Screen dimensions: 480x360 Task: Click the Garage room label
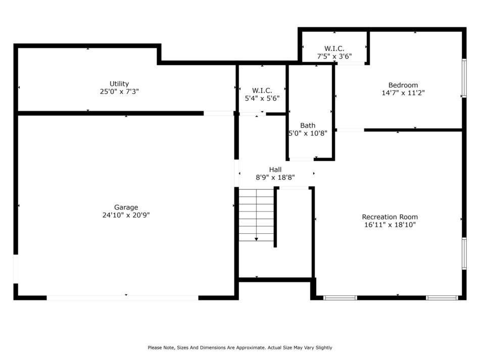click(126, 208)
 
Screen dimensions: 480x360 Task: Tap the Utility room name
click(119, 84)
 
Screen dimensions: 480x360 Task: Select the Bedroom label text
click(403, 85)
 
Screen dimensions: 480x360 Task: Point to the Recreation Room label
click(390, 217)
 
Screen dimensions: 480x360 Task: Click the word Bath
click(308, 125)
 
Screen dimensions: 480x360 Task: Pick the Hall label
click(275, 170)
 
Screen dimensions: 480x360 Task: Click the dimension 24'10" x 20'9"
click(126, 215)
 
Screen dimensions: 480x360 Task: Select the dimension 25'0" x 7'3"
click(119, 91)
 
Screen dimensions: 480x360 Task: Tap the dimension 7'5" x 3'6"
click(334, 56)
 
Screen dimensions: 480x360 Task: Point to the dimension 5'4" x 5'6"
click(262, 98)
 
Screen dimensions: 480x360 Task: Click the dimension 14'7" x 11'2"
click(403, 93)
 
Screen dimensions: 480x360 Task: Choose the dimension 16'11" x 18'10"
click(390, 225)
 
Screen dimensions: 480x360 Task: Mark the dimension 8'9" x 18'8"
click(275, 178)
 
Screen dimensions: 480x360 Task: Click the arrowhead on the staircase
click(257, 239)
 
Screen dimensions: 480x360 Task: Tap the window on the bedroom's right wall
click(464, 78)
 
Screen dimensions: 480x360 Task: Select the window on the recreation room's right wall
click(464, 253)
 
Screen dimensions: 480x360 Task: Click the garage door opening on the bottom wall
click(122, 297)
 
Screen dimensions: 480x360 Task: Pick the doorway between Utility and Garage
click(219, 113)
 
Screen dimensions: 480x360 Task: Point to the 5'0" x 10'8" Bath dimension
click(308, 133)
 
